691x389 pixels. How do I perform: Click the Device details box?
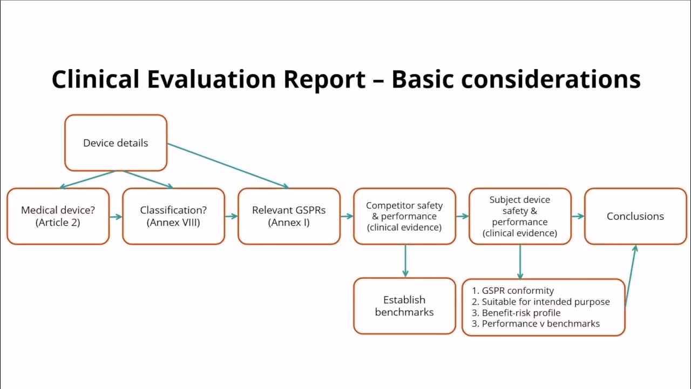tap(116, 143)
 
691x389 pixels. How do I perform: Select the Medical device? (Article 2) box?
tap(58, 216)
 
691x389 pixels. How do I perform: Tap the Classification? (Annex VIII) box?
tap(173, 216)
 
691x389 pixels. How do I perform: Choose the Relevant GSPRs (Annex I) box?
tap(289, 216)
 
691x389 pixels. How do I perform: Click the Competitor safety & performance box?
tap(404, 216)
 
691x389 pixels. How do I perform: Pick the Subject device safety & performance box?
tap(520, 216)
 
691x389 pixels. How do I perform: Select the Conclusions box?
tap(635, 216)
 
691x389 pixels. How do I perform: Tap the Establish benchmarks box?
tap(404, 306)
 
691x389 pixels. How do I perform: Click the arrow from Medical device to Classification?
tap(116, 217)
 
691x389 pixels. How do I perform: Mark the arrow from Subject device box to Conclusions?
tap(578, 216)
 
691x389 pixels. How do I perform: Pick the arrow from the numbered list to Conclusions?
tap(631, 276)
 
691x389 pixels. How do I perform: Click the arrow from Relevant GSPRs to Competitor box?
tap(347, 217)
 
